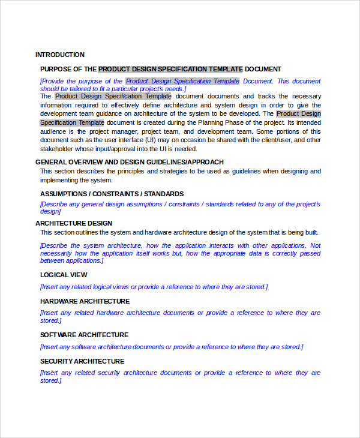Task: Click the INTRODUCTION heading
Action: click(60, 55)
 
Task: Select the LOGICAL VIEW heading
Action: click(64, 275)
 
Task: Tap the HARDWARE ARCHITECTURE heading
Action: click(85, 301)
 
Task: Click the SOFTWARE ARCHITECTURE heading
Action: click(84, 335)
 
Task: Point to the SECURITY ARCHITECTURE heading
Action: click(82, 361)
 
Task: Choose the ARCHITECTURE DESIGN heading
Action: click(74, 223)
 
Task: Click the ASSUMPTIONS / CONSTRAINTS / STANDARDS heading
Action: click(112, 194)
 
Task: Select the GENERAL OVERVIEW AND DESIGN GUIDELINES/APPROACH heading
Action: click(130, 162)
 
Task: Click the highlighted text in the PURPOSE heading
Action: click(170, 69)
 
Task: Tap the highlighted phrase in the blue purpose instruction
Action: click(182, 81)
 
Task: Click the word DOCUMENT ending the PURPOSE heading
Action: click(263, 69)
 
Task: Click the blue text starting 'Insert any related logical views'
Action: click(154, 287)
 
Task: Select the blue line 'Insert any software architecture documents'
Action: click(172, 347)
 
